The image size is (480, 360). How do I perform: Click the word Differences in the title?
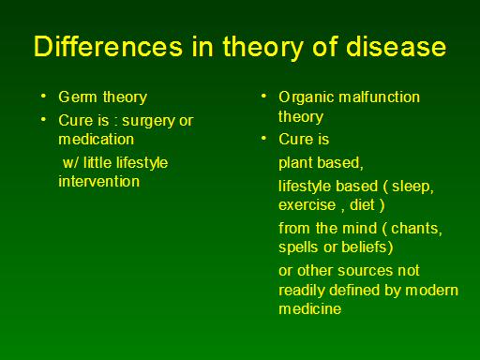[108, 46]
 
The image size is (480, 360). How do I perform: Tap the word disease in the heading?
[396, 46]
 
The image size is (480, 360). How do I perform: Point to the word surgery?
[148, 121]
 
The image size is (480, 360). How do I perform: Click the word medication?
[97, 139]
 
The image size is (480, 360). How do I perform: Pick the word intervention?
[99, 181]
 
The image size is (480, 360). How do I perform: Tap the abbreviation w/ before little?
[71, 163]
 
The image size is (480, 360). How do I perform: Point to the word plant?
[295, 163]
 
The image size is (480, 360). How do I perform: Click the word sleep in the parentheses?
[411, 187]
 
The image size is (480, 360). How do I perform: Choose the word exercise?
[307, 205]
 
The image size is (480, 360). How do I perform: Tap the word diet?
[362, 205]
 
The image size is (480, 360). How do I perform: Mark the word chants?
[414, 228]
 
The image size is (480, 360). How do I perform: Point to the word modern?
[431, 290]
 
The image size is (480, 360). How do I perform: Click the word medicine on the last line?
[310, 308]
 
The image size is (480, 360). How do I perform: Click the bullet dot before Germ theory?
[44, 96]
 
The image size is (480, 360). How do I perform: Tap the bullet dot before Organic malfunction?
[263, 96]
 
